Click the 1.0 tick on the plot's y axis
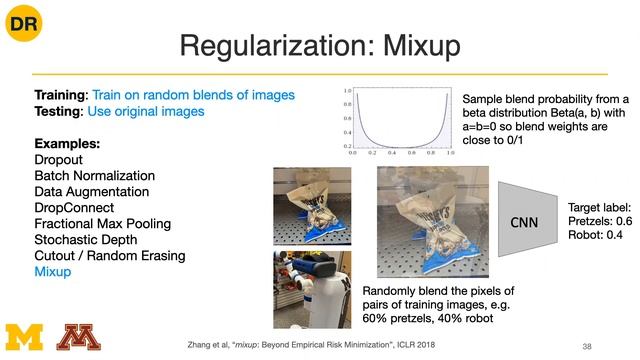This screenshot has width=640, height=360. [346, 89]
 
